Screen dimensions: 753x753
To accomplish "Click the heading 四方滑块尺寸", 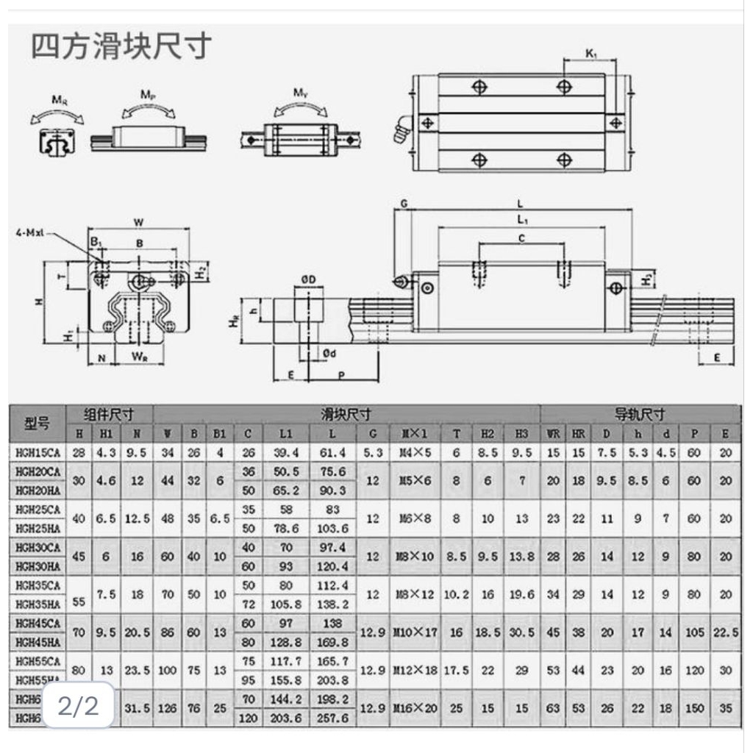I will [x=121, y=46].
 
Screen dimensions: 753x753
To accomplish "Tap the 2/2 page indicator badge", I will [x=78, y=706].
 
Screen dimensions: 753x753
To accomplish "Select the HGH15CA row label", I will [x=38, y=453].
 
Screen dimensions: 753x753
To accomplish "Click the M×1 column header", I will [x=414, y=434].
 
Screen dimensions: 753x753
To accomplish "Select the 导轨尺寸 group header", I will [x=640, y=415].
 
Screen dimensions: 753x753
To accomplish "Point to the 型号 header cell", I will [x=38, y=424].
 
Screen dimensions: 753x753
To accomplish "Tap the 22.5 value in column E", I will [x=725, y=632].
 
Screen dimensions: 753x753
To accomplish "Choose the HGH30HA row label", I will [x=38, y=566].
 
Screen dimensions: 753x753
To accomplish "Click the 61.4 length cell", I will [x=332, y=453].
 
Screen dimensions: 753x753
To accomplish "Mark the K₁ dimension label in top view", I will [x=590, y=53].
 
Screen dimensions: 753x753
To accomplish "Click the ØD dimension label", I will [x=308, y=280].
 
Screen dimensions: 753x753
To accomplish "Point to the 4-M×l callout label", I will [x=30, y=233].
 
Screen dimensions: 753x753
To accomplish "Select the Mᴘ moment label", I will [x=147, y=95].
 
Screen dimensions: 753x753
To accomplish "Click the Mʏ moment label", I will [x=299, y=93].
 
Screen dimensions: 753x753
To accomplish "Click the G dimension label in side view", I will [x=403, y=203].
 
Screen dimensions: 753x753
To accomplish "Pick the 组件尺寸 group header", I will [x=109, y=415].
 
